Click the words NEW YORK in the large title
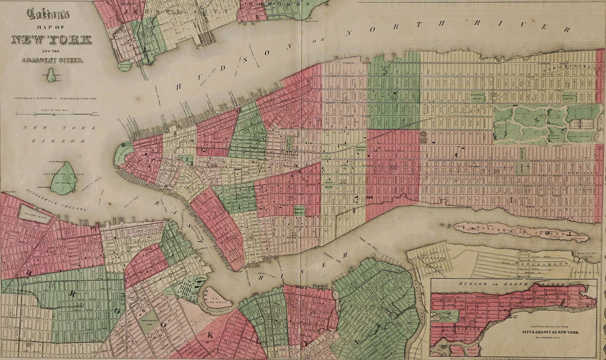[52, 39]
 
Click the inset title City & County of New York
[550, 332]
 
